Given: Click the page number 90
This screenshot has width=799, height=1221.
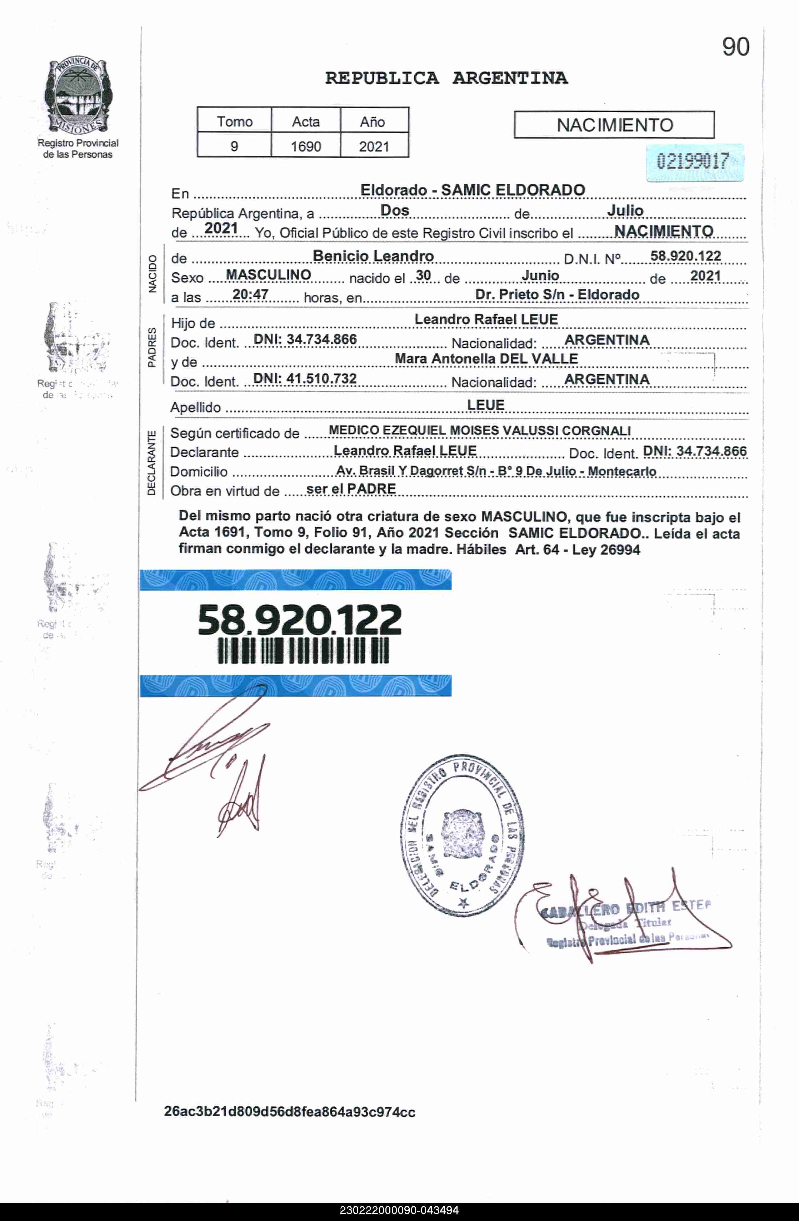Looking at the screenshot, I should pos(735,47).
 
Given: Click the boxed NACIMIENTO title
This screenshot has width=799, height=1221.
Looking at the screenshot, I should pos(614,125).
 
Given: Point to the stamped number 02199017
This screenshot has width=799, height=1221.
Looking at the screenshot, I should pos(693,162).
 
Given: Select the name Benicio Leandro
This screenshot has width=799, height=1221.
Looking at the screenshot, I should pos(373,255).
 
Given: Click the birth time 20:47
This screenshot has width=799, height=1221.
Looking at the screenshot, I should pos(250,294).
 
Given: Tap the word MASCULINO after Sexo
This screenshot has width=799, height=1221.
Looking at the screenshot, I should pos(268,275).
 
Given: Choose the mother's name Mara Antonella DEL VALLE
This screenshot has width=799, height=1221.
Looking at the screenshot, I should pos(486,359).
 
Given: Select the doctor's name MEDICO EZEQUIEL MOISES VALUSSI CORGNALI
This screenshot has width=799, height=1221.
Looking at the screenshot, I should pos(479,431).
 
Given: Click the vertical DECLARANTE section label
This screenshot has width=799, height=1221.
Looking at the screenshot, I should pos(151,463).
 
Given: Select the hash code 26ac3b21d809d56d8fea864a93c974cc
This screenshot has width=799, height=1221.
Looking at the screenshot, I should pos(289,1112).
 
